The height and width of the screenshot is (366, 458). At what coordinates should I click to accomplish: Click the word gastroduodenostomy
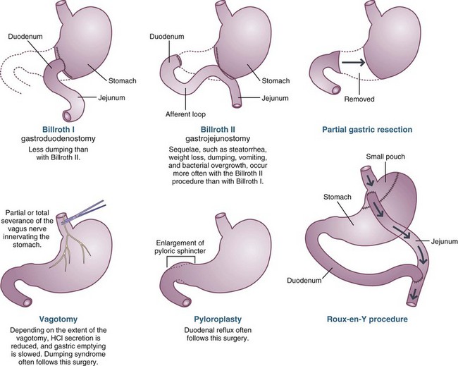coord(66,140)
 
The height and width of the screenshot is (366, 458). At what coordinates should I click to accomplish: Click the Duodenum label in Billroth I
coord(25,32)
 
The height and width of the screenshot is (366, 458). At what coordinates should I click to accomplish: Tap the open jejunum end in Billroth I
coord(70,115)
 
